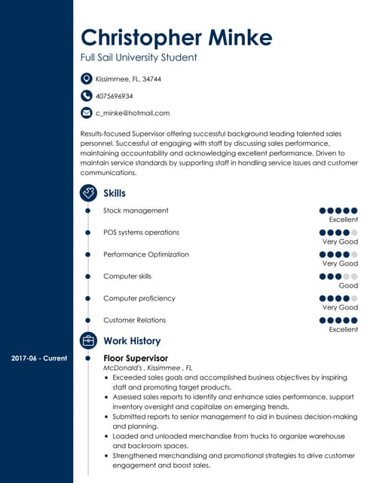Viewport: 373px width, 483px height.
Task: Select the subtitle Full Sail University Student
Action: pyautogui.click(x=139, y=57)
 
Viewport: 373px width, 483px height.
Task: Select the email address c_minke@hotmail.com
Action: pyautogui.click(x=133, y=113)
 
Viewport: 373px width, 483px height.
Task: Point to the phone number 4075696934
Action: pyautogui.click(x=115, y=96)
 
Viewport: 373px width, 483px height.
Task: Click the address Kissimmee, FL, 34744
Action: pyautogui.click(x=128, y=78)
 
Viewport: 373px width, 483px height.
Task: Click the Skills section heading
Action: pyautogui.click(x=115, y=193)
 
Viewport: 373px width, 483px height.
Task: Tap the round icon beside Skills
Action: pyautogui.click(x=88, y=193)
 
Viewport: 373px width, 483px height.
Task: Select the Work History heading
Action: pyautogui.click(x=132, y=341)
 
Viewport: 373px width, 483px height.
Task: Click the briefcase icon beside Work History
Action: pyautogui.click(x=88, y=341)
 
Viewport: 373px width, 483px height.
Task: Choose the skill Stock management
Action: pyautogui.click(x=136, y=211)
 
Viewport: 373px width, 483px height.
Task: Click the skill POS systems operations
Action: pyautogui.click(x=141, y=232)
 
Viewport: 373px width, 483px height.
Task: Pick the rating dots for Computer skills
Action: pyautogui.click(x=338, y=276)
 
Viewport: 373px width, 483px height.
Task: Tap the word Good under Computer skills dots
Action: pyautogui.click(x=348, y=286)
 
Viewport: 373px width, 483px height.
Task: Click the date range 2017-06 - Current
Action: pyautogui.click(x=39, y=358)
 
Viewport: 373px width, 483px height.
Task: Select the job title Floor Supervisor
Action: pyautogui.click(x=135, y=358)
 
